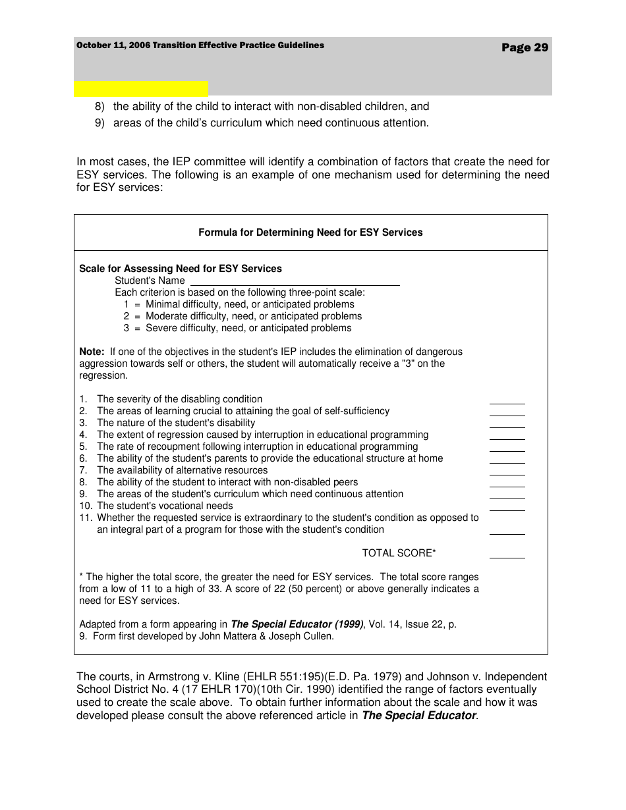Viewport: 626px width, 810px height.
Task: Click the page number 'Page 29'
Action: pos(525,47)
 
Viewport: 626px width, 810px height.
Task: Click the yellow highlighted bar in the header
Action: pos(141,89)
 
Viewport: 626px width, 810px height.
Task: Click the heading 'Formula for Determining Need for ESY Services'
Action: pos(310,232)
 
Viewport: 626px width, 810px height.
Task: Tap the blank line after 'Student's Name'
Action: pos(295,282)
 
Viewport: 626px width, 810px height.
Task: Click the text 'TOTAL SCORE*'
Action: pos(399,553)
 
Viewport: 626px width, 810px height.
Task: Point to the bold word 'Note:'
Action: pos(92,352)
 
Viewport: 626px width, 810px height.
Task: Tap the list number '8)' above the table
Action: pos(100,106)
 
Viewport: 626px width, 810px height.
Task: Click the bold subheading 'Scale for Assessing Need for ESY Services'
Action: pos(181,269)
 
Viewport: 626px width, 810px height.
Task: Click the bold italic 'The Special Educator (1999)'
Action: pos(297,624)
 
